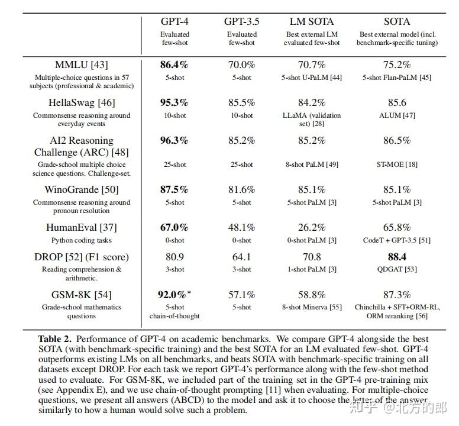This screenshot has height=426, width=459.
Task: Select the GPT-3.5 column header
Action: point(241,21)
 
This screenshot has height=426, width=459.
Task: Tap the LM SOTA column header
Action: point(312,21)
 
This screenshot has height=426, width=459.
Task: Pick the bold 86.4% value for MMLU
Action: point(174,65)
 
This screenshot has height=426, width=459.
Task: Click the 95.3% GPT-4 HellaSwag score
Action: point(174,103)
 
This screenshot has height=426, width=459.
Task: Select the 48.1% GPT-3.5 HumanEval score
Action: point(241,227)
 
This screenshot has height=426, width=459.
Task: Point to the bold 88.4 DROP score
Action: point(397,257)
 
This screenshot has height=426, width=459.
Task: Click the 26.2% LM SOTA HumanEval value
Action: point(312,227)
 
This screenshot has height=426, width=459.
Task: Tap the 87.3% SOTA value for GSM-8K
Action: point(397,294)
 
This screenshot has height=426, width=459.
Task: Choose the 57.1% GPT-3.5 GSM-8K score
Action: point(241,294)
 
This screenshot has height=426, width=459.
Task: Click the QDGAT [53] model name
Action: point(397,269)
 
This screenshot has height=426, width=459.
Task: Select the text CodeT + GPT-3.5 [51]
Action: point(397,240)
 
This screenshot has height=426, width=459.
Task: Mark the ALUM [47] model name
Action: point(397,115)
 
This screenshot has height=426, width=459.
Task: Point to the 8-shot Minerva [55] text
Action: point(312,307)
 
